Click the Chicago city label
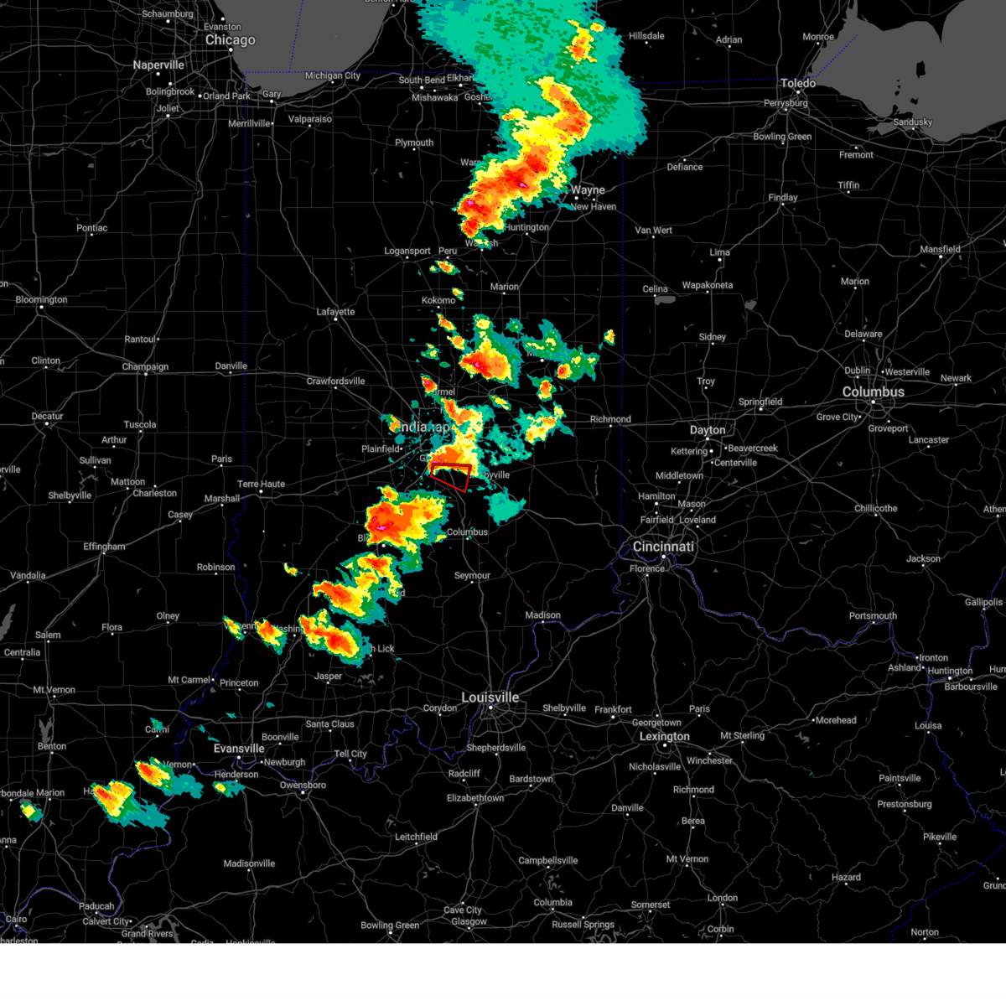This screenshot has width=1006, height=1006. coord(230,40)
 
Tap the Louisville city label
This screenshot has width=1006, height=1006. coord(490,697)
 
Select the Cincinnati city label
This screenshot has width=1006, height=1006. coord(663,547)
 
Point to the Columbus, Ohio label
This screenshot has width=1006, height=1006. coord(873,392)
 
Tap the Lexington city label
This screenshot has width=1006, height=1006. coord(664,737)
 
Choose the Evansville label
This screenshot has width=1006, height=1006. coord(239,749)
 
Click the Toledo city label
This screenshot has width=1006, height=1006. coord(797,83)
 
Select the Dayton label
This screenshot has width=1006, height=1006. coord(708,430)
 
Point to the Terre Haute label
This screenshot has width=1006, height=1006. coord(261,484)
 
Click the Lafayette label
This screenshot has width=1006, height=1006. coord(335,312)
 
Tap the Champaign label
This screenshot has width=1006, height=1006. coord(145,367)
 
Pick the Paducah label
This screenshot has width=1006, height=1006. coord(96,906)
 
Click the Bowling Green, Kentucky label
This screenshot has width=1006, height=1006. coord(389,926)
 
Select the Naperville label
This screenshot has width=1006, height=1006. coord(158,65)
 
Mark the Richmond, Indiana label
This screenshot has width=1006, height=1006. coord(610,419)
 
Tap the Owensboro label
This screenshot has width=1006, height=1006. coord(303,786)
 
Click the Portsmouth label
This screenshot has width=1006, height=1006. coord(873,616)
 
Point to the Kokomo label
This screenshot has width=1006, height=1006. coord(438,300)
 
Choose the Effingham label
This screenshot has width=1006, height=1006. coord(104,547)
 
